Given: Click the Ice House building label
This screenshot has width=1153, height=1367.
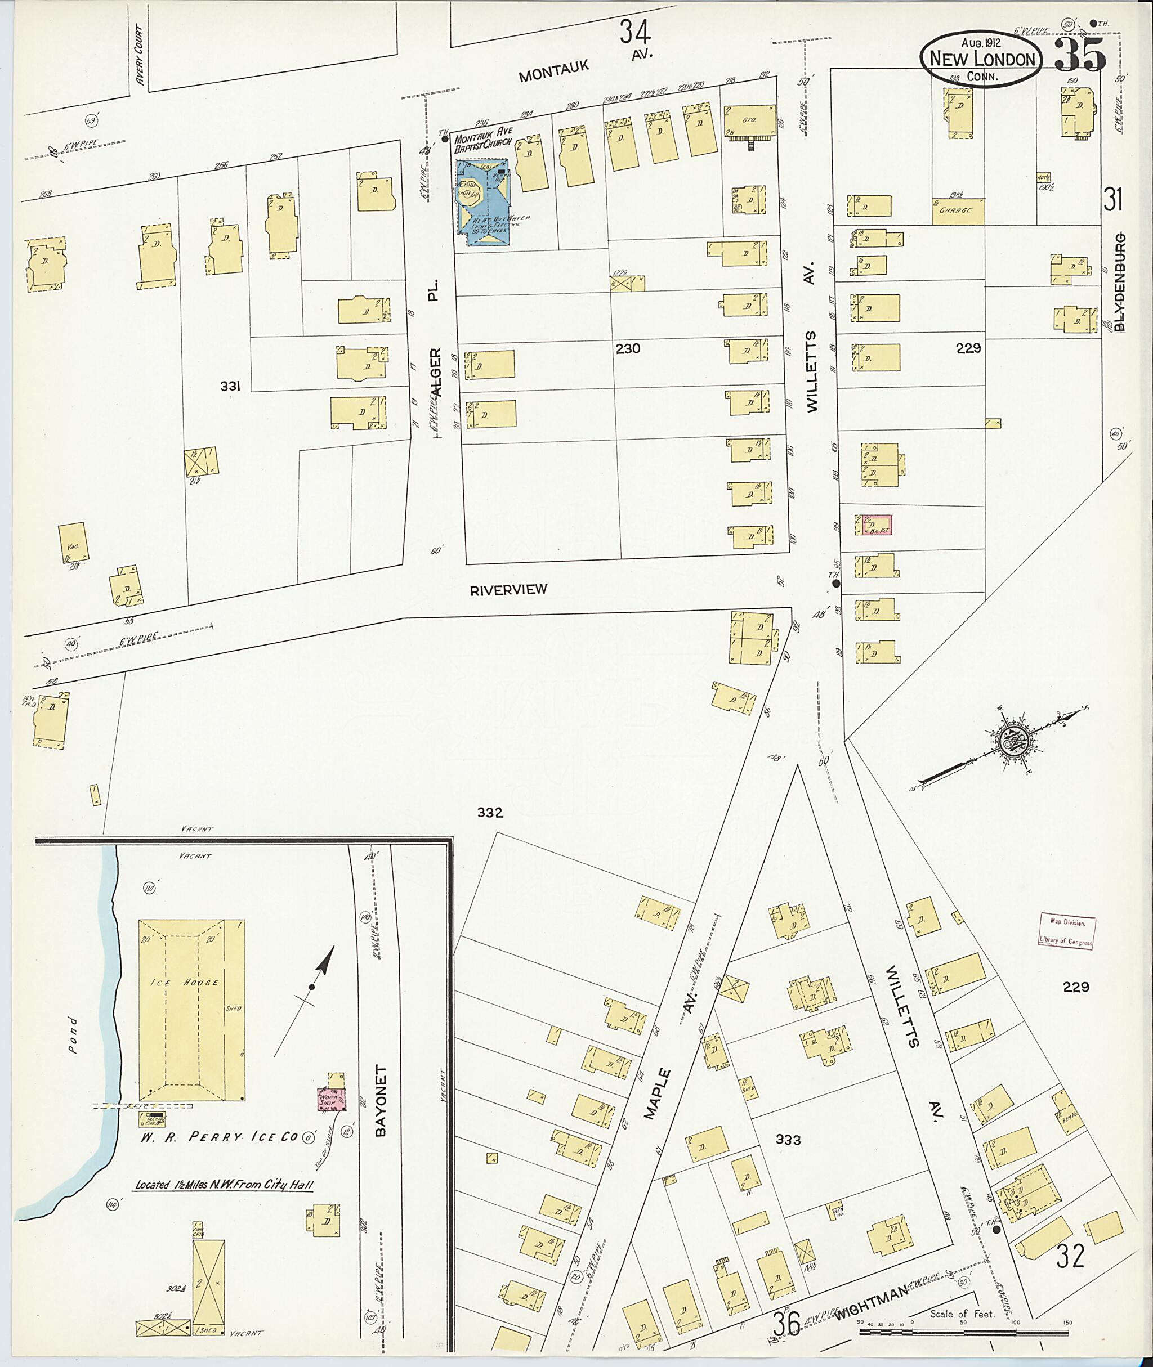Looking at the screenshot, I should coord(185,983).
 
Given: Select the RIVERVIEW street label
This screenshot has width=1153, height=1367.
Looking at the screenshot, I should coord(508,589).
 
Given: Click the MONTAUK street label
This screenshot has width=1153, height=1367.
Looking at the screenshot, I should coord(553,70).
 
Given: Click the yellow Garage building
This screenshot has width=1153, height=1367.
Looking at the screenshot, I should coord(958,210).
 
